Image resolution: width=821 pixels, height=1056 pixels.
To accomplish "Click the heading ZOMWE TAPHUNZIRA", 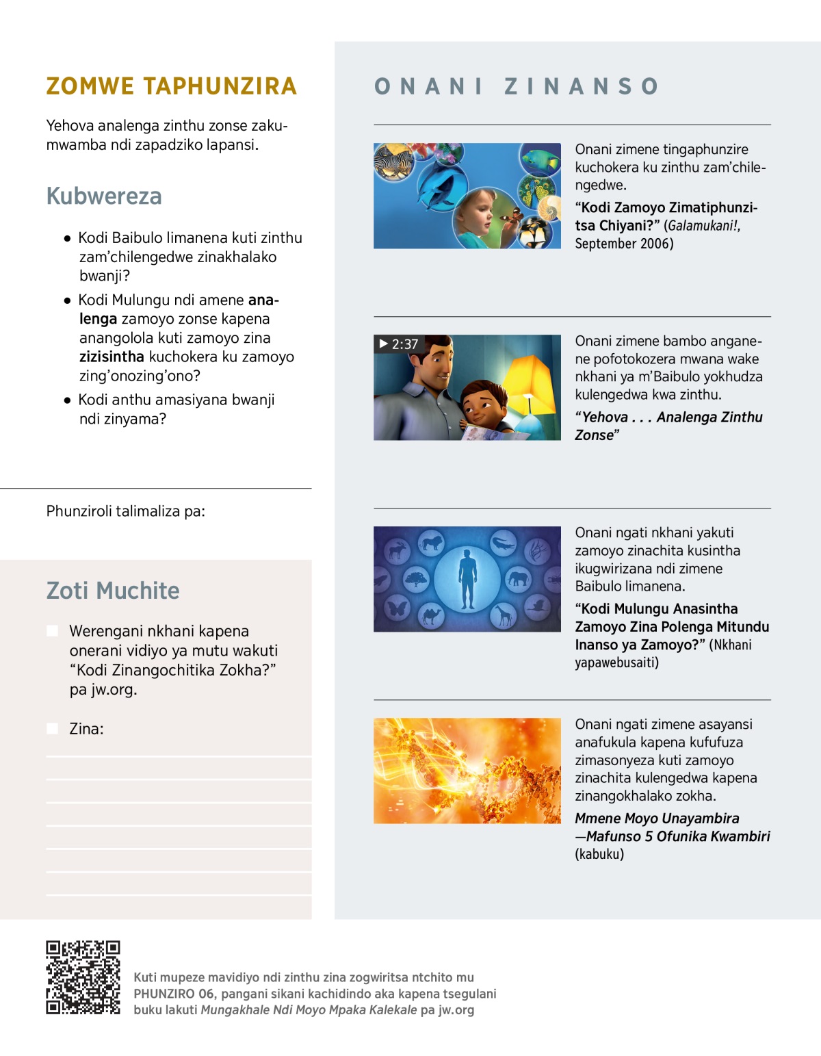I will click(171, 86).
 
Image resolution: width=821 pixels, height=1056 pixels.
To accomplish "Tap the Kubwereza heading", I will click(104, 196).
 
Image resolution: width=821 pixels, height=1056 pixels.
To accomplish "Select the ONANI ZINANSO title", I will click(517, 86).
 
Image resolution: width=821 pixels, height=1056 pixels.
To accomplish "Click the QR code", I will click(83, 977).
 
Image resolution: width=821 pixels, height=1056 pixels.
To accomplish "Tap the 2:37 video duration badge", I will click(398, 344).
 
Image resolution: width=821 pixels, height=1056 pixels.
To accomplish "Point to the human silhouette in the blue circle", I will click(467, 579).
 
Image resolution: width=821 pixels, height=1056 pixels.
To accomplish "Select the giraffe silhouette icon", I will click(504, 616).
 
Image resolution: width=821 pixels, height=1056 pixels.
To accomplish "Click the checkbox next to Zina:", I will click(52, 729).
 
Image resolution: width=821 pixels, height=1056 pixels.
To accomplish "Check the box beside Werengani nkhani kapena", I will click(52, 631).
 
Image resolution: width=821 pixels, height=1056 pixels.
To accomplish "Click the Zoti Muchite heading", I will click(113, 591).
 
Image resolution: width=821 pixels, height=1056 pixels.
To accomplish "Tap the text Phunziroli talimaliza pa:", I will click(125, 511).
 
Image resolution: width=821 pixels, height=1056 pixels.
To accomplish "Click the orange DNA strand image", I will click(467, 771).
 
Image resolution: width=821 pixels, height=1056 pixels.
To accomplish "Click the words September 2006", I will click(623, 244).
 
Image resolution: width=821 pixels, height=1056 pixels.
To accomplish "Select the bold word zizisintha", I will click(112, 357).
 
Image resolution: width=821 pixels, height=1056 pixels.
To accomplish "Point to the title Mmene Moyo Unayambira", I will click(657, 819).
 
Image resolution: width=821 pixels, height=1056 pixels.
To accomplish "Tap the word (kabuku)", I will click(599, 854).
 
